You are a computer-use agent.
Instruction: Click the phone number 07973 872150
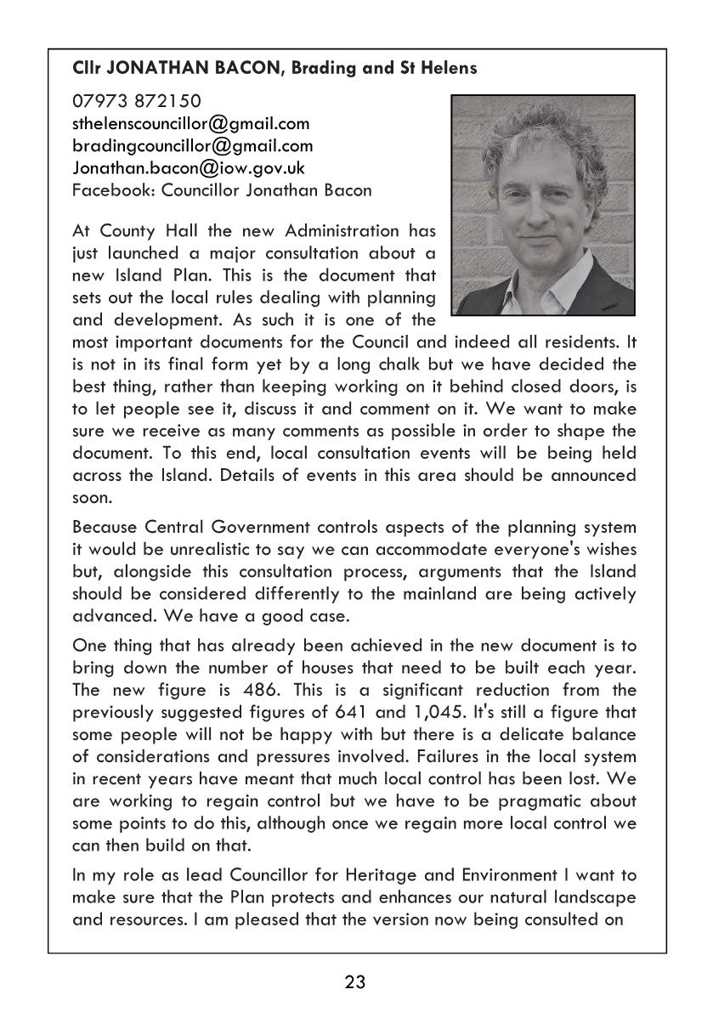click(x=136, y=102)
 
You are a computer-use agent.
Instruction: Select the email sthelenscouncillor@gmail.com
click(x=191, y=124)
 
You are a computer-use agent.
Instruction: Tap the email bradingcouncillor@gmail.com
click(x=193, y=146)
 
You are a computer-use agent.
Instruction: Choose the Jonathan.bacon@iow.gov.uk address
click(x=189, y=168)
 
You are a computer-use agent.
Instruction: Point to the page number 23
click(x=355, y=983)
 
